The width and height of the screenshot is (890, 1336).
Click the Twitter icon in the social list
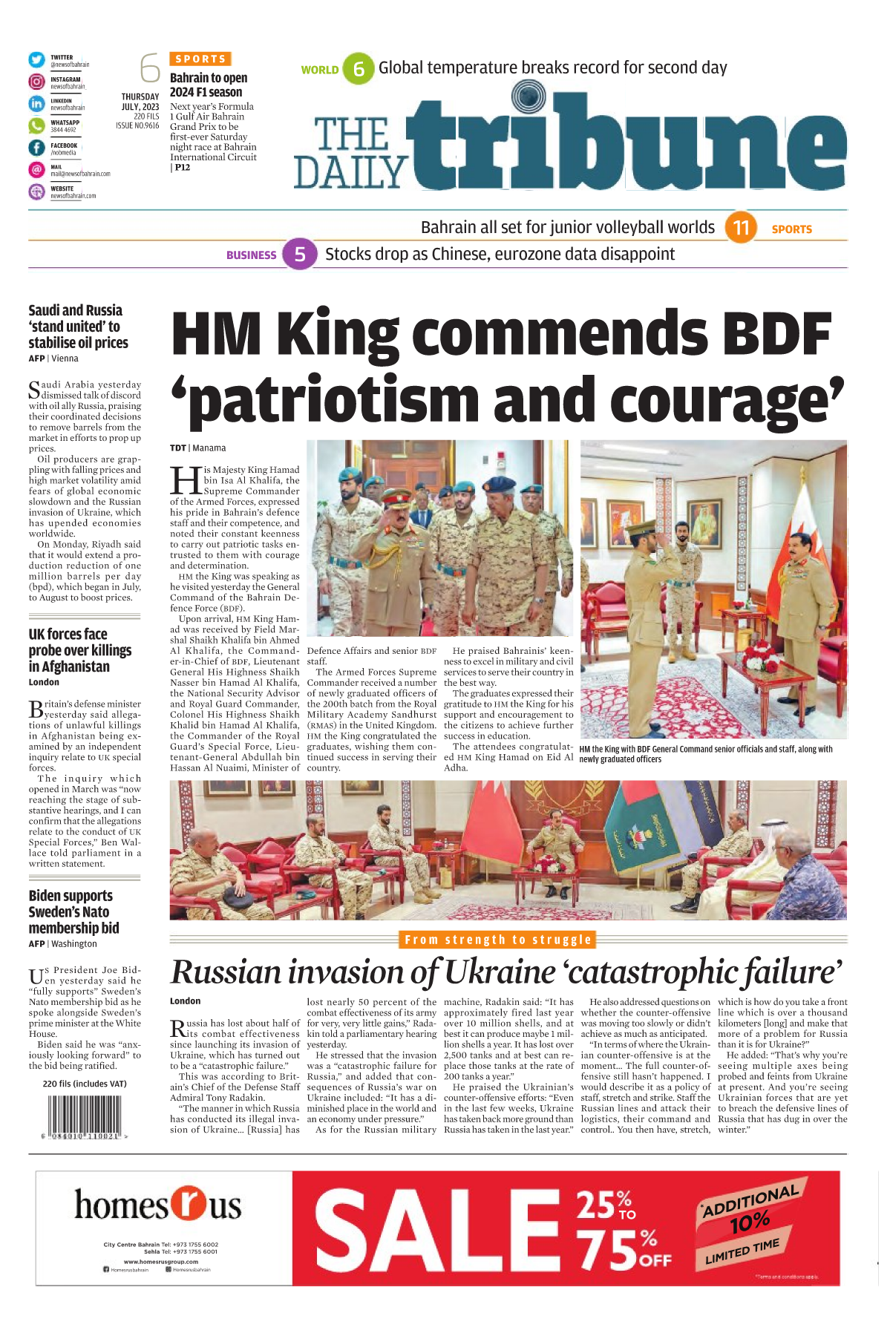point(36,60)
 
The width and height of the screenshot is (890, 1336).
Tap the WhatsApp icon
point(36,125)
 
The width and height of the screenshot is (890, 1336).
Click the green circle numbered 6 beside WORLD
point(359,69)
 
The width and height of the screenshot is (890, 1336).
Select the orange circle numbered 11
point(741,227)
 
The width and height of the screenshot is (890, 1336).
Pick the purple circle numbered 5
point(300,255)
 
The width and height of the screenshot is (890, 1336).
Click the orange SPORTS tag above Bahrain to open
point(200,59)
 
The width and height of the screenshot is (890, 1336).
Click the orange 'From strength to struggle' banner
point(498,940)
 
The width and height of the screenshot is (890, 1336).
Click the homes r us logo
point(158,1204)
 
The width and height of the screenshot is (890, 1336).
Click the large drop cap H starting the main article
point(185,480)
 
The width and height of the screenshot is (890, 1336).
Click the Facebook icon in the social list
point(36,148)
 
